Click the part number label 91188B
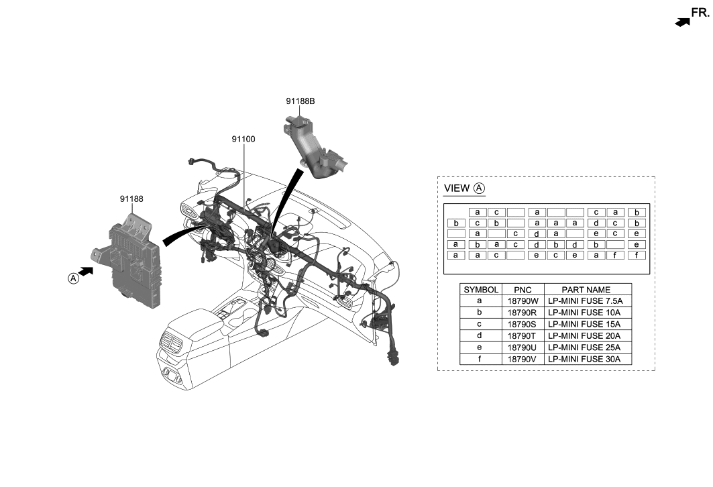point(300,101)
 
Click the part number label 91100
point(243,139)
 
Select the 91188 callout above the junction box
point(131,199)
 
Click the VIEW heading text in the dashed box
point(456,189)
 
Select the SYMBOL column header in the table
point(480,290)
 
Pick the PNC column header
point(522,290)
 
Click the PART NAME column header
point(586,290)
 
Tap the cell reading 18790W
point(522,302)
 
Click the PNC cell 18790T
point(522,336)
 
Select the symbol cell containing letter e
point(480,347)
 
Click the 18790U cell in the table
point(522,347)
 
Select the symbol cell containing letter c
point(480,325)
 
